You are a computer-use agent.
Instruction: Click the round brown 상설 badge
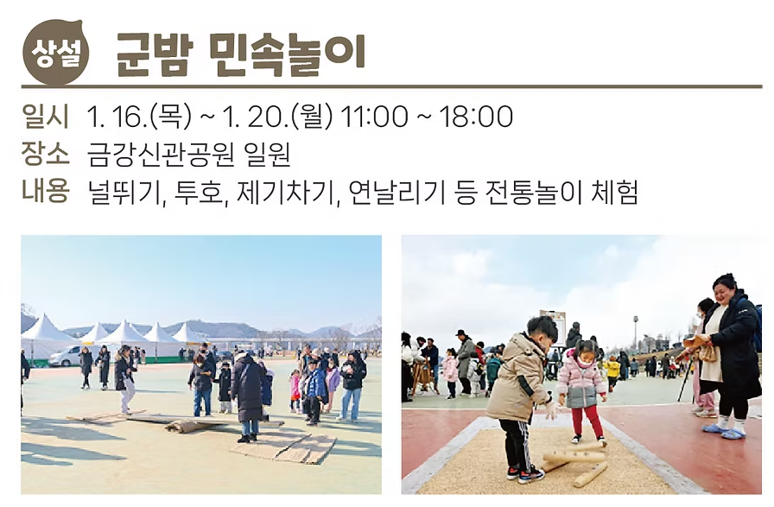54,53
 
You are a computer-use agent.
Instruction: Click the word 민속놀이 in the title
288,54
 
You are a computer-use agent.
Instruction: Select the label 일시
45,116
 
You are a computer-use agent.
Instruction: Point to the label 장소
45,154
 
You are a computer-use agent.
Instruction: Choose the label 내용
45,191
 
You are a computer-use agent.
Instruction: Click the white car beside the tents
64,356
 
